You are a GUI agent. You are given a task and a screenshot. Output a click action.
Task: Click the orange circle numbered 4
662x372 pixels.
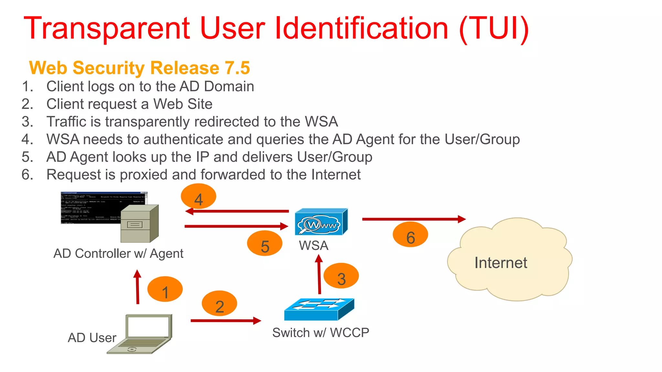[x=198, y=196]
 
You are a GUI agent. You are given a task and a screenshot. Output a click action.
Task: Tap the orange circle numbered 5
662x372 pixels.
[x=264, y=243]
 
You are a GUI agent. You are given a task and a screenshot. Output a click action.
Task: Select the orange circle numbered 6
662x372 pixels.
[x=410, y=235]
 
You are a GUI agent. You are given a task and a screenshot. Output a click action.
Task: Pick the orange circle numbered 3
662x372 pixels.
[x=341, y=276]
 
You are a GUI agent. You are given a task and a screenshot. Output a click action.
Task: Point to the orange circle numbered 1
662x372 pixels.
[x=165, y=289]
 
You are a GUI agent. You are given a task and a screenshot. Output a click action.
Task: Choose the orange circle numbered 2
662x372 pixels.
[x=219, y=304]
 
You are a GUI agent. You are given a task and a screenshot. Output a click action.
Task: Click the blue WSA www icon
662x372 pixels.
[x=321, y=222]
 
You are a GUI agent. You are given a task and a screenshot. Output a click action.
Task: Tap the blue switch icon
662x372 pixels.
[x=319, y=309]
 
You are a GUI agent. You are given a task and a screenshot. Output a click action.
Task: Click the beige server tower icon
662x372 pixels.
[x=139, y=224]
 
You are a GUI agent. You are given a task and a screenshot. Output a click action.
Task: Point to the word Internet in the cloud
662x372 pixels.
[x=500, y=263]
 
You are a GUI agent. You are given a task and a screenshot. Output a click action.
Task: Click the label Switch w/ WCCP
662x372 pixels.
[x=320, y=333]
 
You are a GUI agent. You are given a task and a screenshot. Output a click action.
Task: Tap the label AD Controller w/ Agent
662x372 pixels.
[x=118, y=253]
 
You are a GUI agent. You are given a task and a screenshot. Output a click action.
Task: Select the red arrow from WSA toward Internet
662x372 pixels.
[x=413, y=219]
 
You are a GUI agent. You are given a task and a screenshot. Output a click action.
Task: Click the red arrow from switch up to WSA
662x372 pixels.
[x=319, y=274]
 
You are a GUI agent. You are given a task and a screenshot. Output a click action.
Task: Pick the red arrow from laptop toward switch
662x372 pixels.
[x=225, y=321]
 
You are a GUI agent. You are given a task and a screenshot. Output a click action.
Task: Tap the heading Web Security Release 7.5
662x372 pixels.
[x=139, y=68]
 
